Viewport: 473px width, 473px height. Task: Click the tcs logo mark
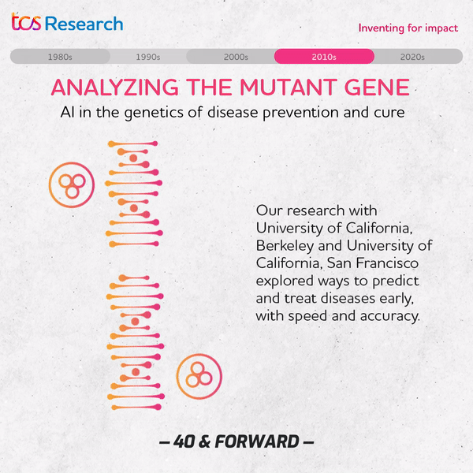tap(26, 22)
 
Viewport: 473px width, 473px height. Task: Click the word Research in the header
tap(84, 24)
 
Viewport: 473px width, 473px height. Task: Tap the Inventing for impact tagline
tap(408, 28)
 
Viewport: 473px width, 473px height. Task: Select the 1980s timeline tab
tap(60, 57)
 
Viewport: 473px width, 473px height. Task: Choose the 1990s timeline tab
tap(148, 57)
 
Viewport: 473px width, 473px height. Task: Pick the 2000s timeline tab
tap(236, 57)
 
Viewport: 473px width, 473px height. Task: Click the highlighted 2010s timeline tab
tap(324, 57)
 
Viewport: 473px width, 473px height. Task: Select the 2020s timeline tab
tap(412, 57)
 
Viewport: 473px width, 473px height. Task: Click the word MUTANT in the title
tap(289, 88)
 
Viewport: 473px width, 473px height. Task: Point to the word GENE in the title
tap(377, 88)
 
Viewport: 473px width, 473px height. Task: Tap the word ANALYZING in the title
tap(115, 88)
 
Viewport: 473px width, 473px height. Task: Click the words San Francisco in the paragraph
tap(373, 263)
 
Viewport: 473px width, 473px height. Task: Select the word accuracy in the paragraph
tap(389, 316)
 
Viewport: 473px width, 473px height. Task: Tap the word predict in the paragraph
tap(396, 281)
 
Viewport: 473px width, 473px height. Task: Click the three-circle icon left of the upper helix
tap(72, 185)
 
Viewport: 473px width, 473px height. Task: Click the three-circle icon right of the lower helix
tap(199, 376)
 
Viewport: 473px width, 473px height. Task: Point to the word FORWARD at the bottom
tap(257, 441)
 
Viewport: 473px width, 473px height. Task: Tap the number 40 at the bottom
tap(184, 441)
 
